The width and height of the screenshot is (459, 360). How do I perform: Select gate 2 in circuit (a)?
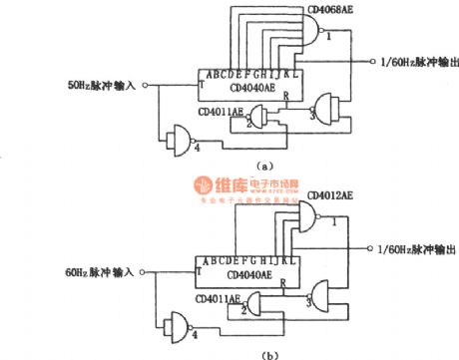(x=261, y=119)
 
